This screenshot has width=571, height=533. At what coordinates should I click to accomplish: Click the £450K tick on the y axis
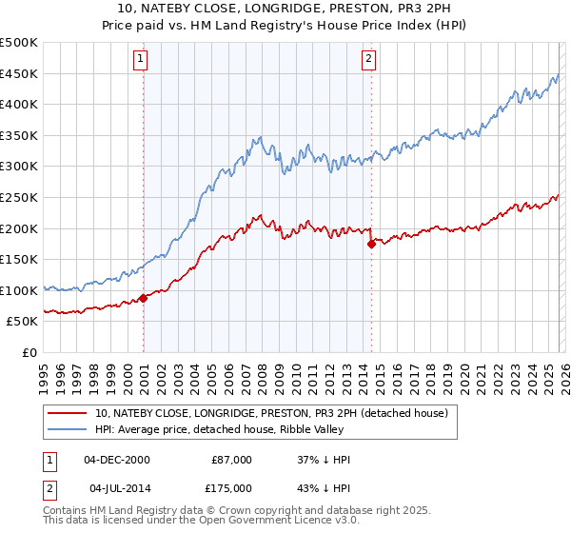(x=19, y=73)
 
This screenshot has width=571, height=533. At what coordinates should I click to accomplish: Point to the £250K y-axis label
(x=19, y=197)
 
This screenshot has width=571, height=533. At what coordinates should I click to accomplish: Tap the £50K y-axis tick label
(x=22, y=322)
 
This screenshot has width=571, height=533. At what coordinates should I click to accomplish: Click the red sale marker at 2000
(x=143, y=298)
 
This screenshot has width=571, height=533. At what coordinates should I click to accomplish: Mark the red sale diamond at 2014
(x=371, y=244)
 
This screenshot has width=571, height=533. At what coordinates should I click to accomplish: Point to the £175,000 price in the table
(x=230, y=488)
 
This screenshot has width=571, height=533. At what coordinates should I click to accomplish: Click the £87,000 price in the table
(x=230, y=460)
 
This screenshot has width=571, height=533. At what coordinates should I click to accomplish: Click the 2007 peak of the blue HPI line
(x=259, y=139)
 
